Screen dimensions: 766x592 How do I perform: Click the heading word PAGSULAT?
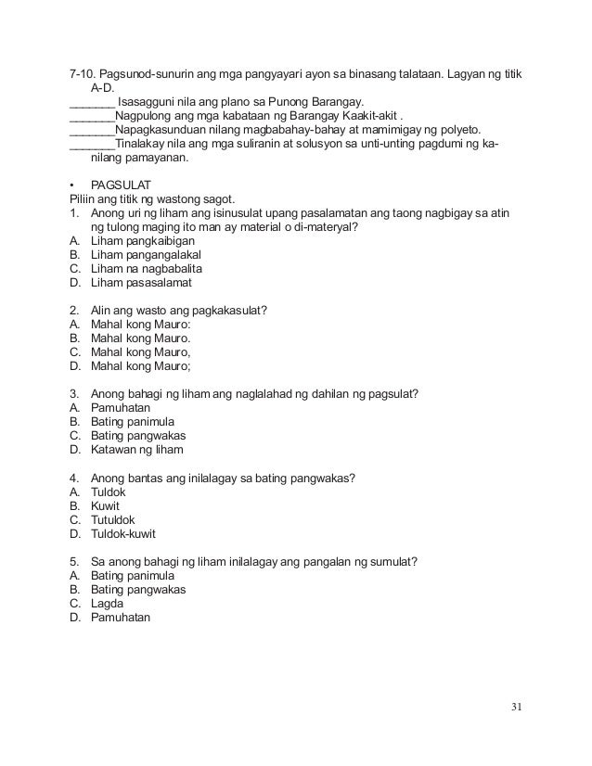click(125, 185)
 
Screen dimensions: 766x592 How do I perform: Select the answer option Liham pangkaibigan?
click(143, 240)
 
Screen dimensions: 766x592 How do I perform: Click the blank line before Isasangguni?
click(92, 101)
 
